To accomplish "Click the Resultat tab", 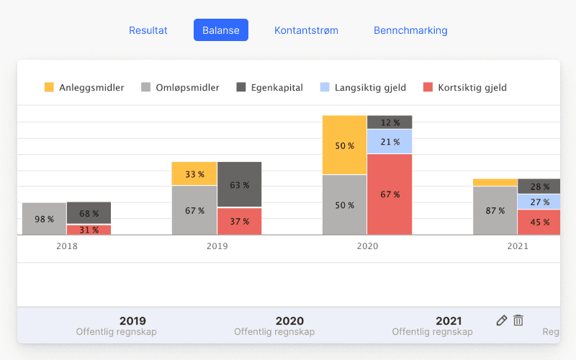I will (148, 30).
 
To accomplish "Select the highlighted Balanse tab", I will (221, 30).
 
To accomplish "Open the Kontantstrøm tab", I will (306, 30).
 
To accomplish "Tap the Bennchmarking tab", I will (410, 30).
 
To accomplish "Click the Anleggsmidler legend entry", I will (84, 88).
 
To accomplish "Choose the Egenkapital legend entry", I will (269, 88).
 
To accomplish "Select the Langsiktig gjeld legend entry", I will (363, 88).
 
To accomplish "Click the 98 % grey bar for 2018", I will (44, 219).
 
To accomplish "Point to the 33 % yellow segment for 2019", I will (194, 174).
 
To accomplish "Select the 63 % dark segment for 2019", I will (239, 185).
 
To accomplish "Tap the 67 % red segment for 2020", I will (390, 194).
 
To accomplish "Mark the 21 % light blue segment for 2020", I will (390, 142).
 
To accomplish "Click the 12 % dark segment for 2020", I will (390, 122).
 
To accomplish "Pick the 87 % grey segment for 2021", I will (495, 211).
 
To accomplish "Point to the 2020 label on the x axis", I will (367, 246).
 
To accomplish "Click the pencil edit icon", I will (502, 320).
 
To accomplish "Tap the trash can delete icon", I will (518, 320).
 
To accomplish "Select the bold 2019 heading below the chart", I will (132, 321).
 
